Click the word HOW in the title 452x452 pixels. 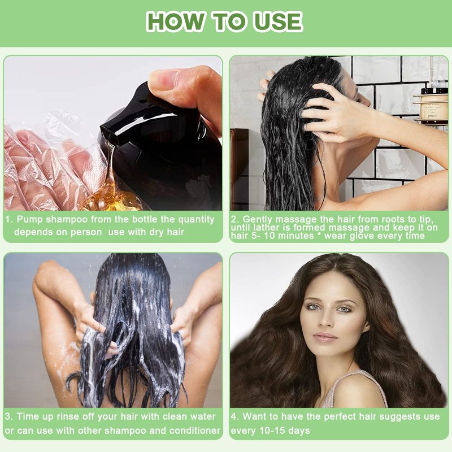coord(175,21)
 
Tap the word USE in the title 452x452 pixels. coord(278,21)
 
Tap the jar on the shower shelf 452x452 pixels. coord(433,105)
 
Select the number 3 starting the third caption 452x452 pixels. coord(8,416)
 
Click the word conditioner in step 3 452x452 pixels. coord(195,431)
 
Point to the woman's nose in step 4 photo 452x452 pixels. coord(327,320)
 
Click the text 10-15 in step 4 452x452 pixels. coord(272,431)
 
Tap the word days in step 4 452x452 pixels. coord(299,431)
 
